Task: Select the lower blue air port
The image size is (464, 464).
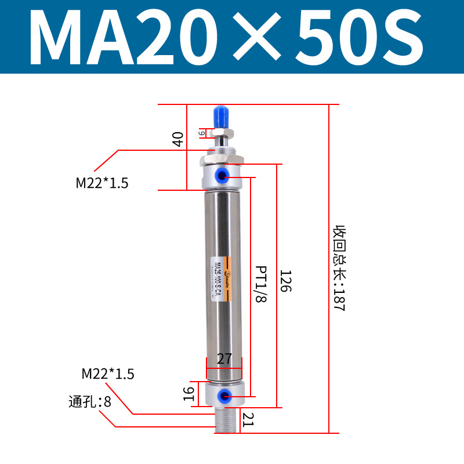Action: (223, 396)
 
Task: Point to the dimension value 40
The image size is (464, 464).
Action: (178, 139)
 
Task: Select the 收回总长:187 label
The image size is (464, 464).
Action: (339, 268)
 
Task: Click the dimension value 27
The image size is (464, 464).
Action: (224, 359)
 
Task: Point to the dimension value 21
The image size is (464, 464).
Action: (248, 419)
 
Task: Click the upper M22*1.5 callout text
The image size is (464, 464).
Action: (102, 183)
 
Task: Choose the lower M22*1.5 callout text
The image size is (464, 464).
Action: (108, 374)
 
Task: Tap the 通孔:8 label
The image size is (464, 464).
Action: (89, 401)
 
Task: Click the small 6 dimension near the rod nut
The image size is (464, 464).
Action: (201, 133)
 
